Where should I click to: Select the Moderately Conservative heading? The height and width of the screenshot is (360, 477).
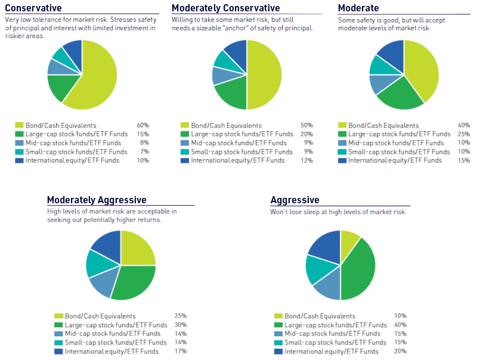tap(225, 8)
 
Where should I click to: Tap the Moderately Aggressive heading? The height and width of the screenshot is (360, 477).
tap(97, 200)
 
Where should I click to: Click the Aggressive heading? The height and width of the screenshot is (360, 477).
tap(295, 200)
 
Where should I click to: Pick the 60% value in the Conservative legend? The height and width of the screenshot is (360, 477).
tap(143, 126)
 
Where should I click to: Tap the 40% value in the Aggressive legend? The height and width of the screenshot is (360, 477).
tap(400, 325)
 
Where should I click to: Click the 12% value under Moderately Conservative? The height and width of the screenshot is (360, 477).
tap(307, 160)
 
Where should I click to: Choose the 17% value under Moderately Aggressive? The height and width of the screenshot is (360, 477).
tap(181, 352)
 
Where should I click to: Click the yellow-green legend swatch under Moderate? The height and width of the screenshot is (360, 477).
tap(342, 126)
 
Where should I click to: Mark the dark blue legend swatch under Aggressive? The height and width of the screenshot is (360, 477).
tap(278, 352)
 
